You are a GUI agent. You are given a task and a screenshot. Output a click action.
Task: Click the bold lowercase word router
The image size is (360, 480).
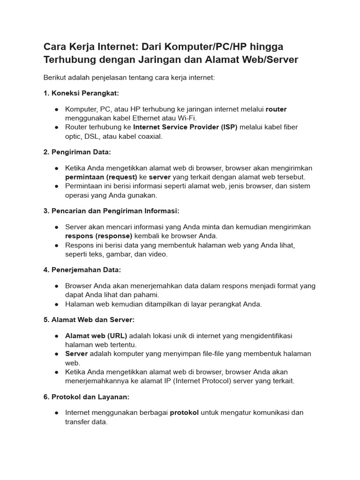[x=276, y=109]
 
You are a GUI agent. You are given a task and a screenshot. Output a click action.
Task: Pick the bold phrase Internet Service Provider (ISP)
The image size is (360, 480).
[x=186, y=127]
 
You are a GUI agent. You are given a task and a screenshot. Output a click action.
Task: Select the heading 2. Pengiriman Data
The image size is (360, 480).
[x=77, y=152]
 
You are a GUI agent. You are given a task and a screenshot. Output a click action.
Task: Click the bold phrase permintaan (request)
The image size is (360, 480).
[x=101, y=177]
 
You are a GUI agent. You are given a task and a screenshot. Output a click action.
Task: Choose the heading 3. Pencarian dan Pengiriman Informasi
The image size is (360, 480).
[x=111, y=211]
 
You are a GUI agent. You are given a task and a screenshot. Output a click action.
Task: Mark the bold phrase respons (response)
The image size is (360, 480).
[x=99, y=236]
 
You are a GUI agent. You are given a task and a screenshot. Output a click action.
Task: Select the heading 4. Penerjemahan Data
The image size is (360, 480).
[x=82, y=270]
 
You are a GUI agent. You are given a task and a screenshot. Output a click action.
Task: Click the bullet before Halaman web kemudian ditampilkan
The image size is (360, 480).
[x=56, y=304]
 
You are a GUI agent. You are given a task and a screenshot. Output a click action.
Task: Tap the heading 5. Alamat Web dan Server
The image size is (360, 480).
[x=89, y=320]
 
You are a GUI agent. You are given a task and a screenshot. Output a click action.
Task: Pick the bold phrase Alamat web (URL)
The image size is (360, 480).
[x=96, y=336]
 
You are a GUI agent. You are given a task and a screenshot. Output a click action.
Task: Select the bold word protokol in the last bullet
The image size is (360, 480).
[x=184, y=413]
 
